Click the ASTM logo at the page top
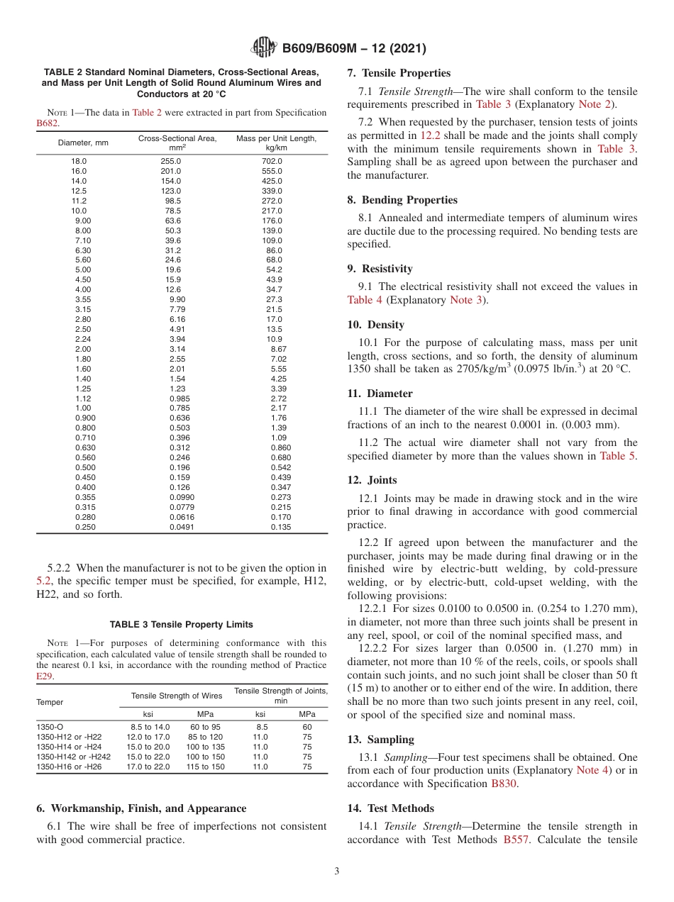tap(264, 48)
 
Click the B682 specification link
tap(48, 123)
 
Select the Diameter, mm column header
tap(83, 143)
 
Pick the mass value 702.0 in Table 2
tap(272, 162)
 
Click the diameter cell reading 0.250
tap(85, 527)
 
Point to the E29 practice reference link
tap(44, 676)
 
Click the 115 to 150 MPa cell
tap(206, 767)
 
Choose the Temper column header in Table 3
tap(50, 702)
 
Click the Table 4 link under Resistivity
tap(365, 300)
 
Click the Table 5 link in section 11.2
tap(617, 456)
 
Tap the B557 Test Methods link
tap(516, 839)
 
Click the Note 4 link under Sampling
tap(592, 770)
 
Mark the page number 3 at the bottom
tap(337, 872)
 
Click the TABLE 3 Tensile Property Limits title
tap(181, 624)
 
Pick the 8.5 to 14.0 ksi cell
tap(150, 727)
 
